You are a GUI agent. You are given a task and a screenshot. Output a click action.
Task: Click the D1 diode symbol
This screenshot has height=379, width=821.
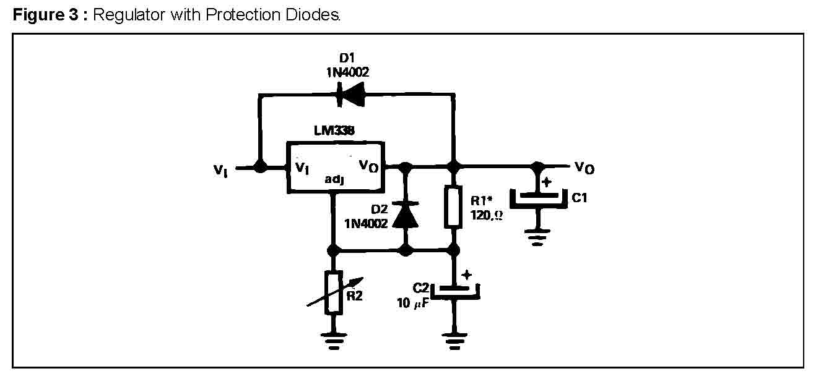click(x=349, y=95)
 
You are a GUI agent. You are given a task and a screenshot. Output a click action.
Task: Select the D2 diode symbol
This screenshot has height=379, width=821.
click(x=406, y=213)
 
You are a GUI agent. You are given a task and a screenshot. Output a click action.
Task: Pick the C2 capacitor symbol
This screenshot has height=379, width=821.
click(x=455, y=289)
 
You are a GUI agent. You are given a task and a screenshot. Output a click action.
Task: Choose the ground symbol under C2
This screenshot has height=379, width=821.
click(x=455, y=340)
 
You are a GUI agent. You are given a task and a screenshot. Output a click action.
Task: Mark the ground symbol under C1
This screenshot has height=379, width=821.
click(x=539, y=238)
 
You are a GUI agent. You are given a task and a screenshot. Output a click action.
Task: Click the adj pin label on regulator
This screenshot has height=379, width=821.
click(x=334, y=180)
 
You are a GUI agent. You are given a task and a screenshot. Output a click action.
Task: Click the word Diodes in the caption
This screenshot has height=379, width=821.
click(x=318, y=15)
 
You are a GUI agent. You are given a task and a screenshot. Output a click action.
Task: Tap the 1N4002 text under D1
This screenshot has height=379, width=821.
click(x=348, y=72)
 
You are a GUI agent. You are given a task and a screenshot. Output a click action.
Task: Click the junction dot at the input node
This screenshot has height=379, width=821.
click(x=260, y=168)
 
